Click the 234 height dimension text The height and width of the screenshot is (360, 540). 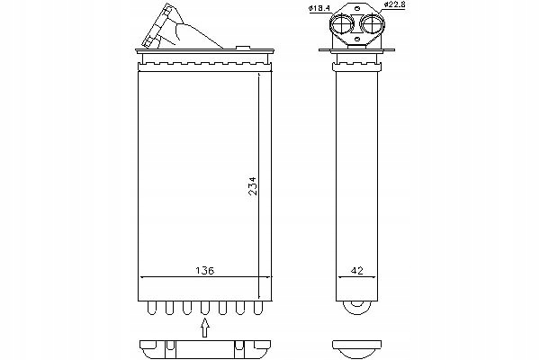click(x=253, y=186)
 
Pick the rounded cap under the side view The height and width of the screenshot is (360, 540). click(x=357, y=308)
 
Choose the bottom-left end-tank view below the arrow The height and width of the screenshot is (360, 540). click(x=205, y=346)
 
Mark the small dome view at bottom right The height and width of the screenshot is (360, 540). click(x=357, y=346)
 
